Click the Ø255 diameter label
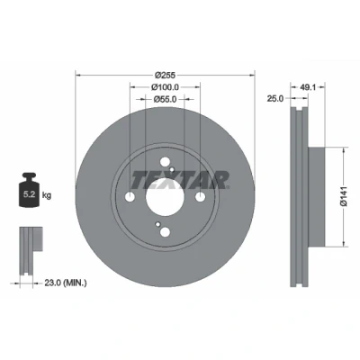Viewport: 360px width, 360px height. [165, 75]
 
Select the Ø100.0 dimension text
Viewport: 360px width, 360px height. [165, 87]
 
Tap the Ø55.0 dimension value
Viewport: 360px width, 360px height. [165, 99]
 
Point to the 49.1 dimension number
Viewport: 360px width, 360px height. [307, 87]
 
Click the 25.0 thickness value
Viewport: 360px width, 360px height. [275, 98]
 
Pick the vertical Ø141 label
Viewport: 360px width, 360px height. [344, 196]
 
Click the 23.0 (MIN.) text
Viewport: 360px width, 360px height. [66, 283]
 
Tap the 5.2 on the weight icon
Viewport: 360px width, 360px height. [30, 194]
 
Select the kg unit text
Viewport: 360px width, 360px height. [47, 195]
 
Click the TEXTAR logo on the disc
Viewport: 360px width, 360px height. [180, 180]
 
